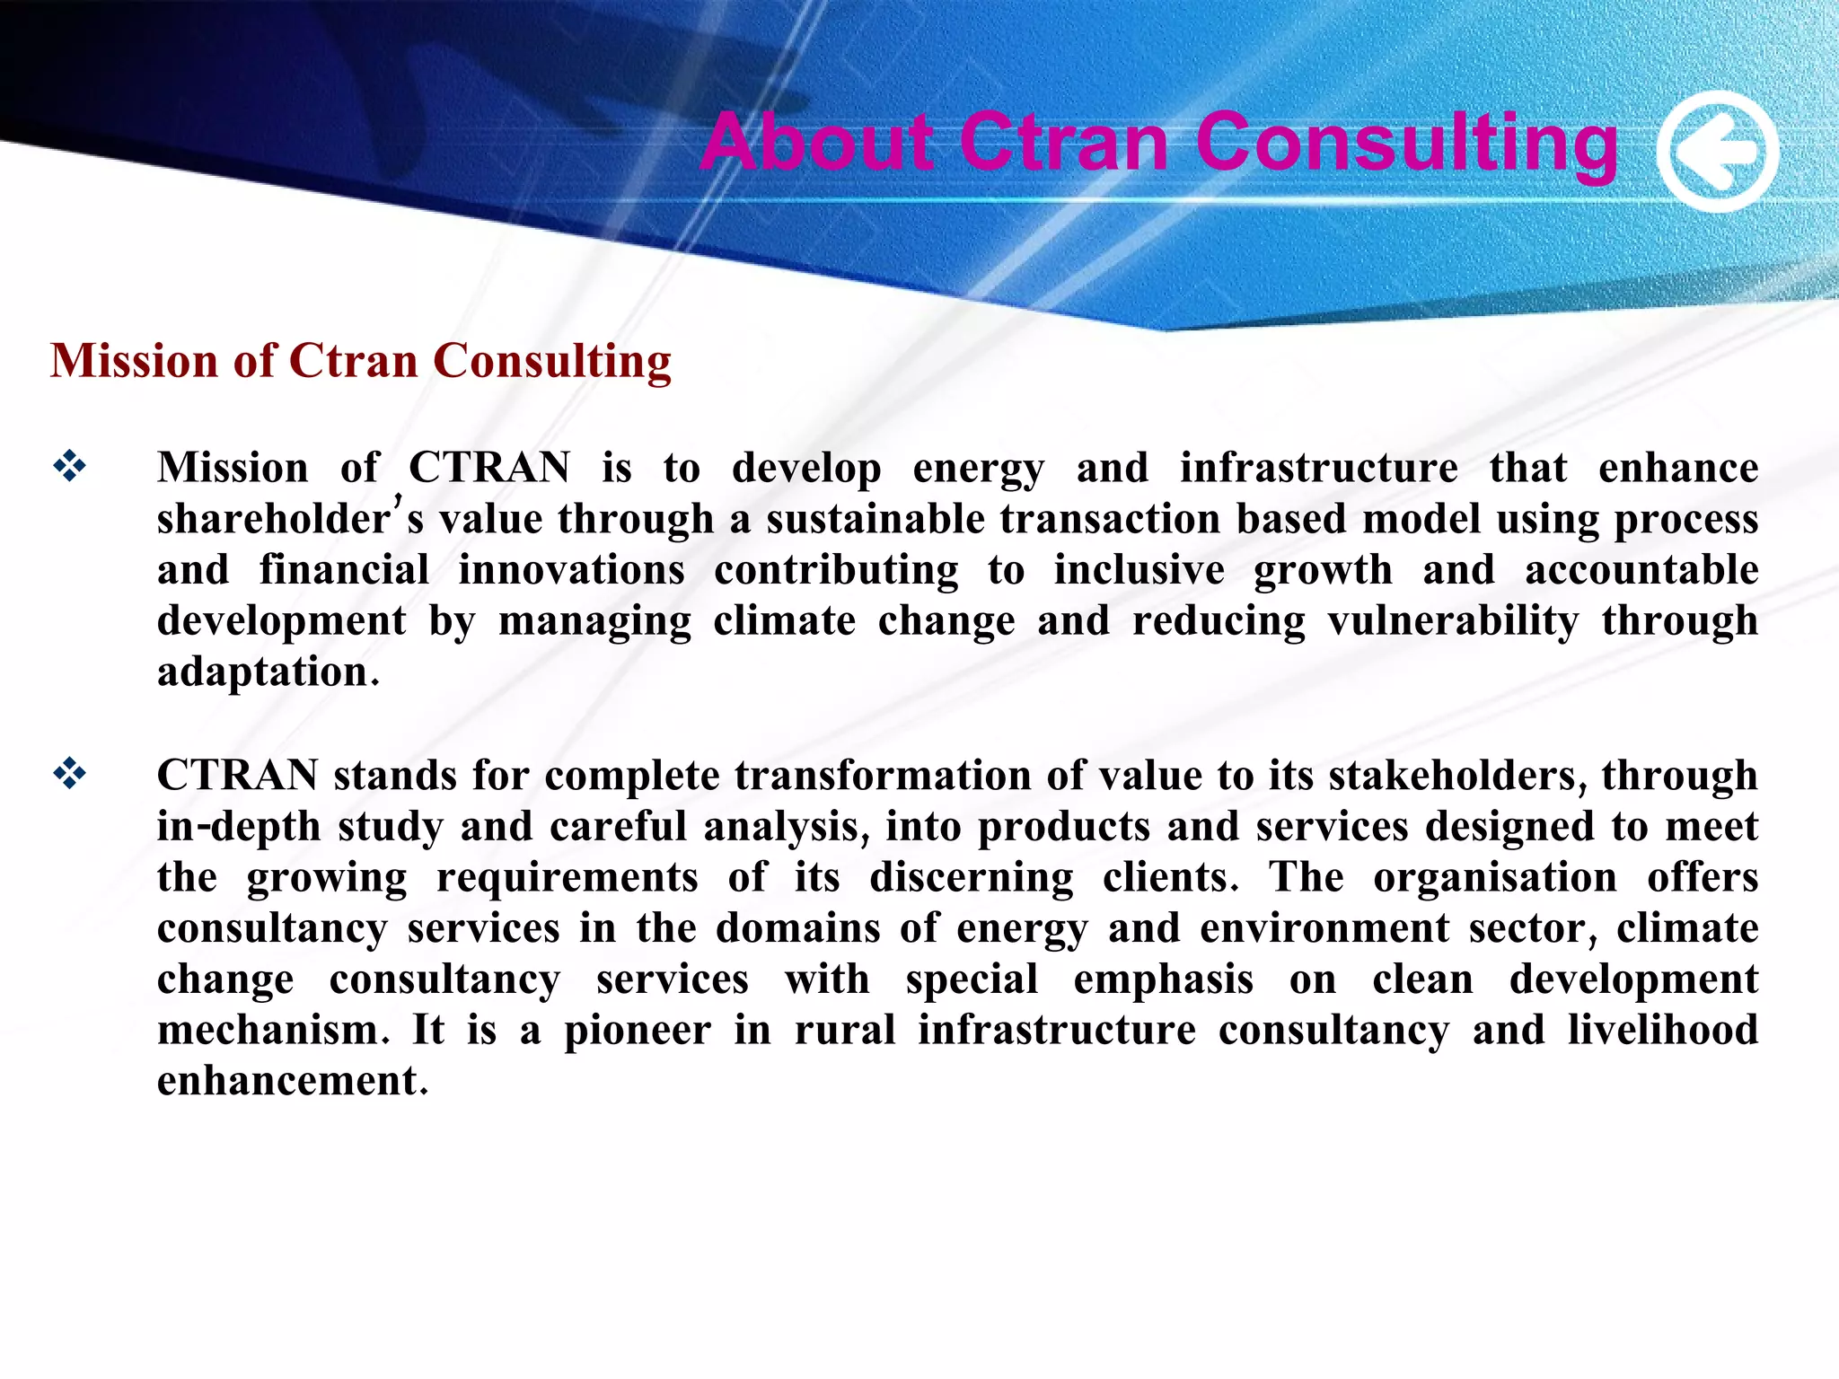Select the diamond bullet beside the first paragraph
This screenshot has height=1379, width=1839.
coord(69,465)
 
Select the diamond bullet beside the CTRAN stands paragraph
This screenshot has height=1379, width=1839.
coord(69,773)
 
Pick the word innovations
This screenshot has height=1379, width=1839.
coord(571,570)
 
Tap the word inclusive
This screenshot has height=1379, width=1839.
coord(1139,570)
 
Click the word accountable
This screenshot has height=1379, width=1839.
coord(1641,570)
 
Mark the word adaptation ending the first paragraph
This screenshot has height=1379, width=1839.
coord(263,672)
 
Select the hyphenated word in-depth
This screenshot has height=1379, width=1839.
coord(238,826)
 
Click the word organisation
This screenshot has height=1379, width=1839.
coord(1495,877)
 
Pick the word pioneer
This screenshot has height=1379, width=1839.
coord(638,1030)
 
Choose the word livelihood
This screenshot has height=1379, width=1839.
coord(1663,1030)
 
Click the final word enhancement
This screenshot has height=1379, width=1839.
coord(287,1081)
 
